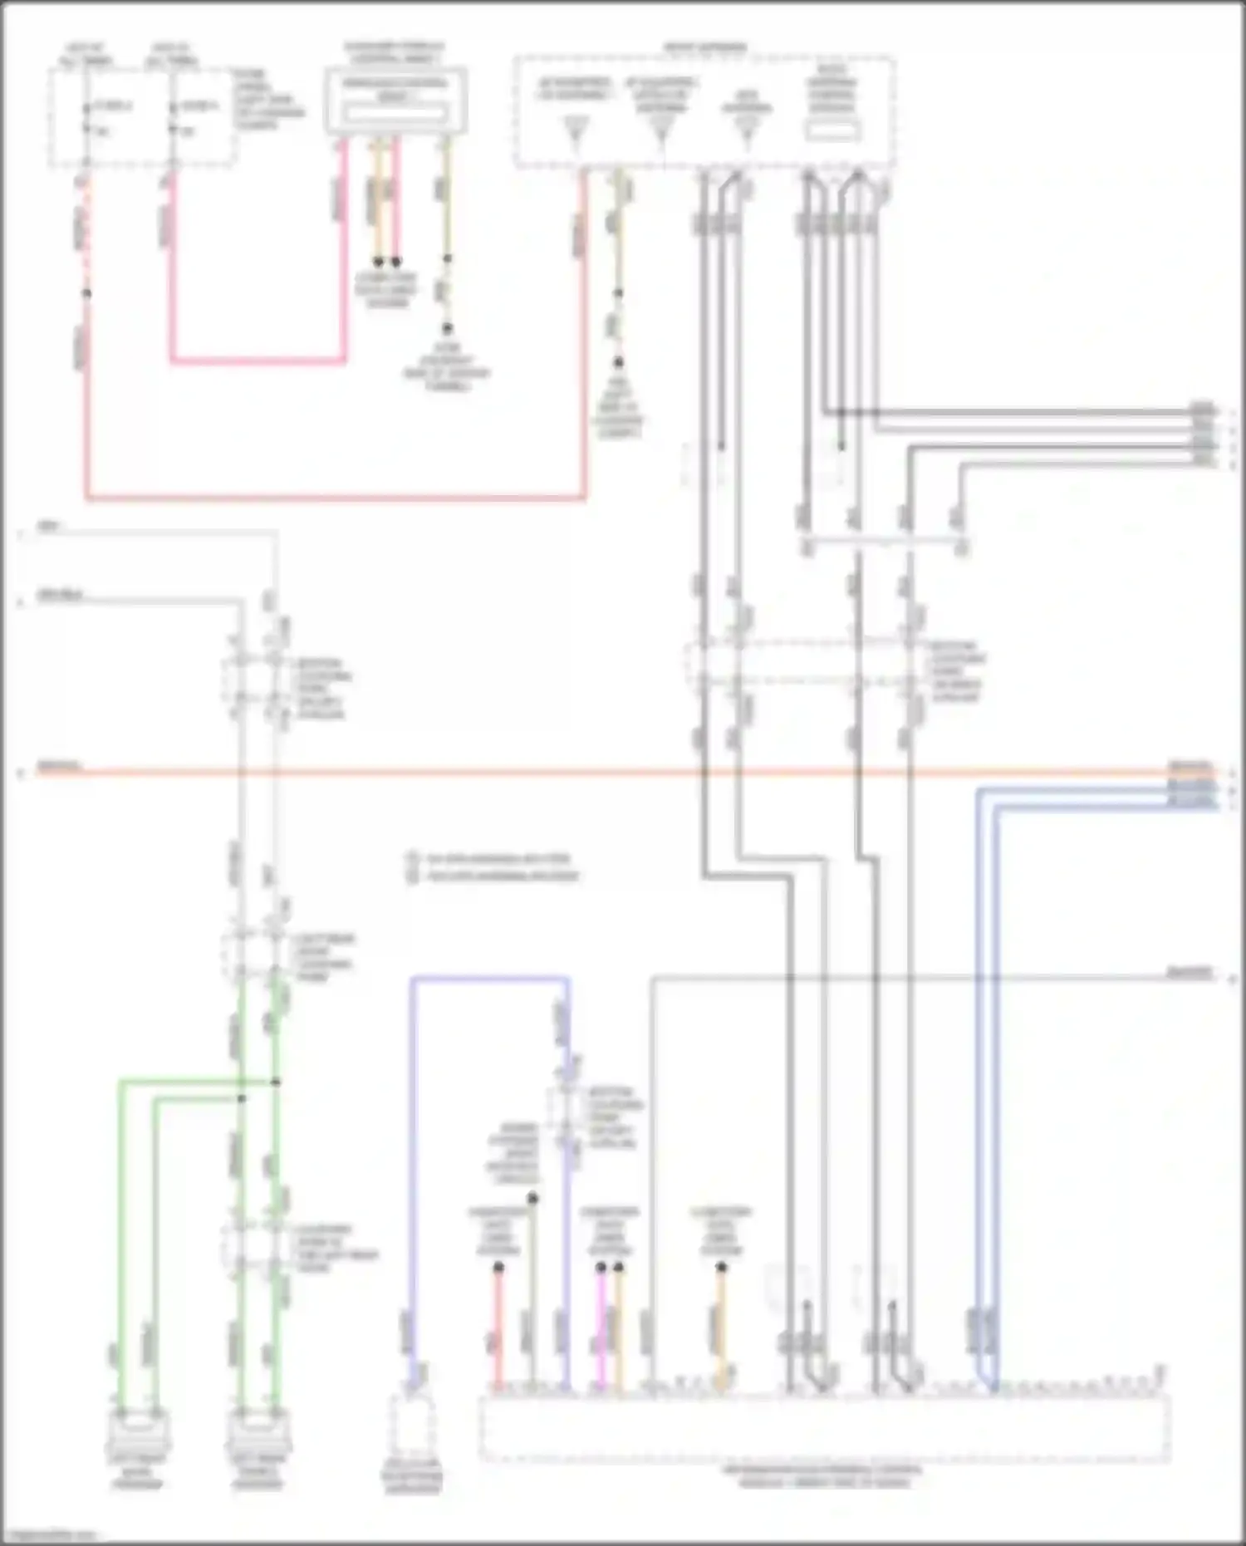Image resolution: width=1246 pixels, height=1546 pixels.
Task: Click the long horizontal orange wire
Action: [581, 773]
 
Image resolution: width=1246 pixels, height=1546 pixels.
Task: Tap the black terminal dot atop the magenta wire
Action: [601, 1268]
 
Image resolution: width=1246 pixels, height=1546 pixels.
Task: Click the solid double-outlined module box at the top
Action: [395, 101]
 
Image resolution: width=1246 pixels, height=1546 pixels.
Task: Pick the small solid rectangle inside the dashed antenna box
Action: [833, 130]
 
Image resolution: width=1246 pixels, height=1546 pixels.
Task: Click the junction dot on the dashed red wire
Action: [86, 293]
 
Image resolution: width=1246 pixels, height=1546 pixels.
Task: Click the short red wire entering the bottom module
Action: [498, 1329]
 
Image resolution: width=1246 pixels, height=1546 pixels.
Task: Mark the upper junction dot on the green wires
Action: [276, 1082]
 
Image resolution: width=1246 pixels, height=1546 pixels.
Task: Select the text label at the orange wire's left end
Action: [58, 766]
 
